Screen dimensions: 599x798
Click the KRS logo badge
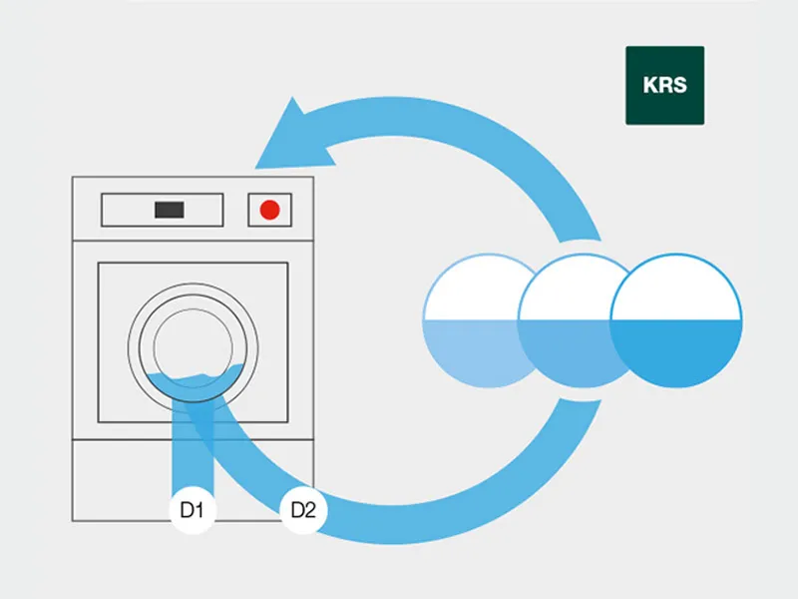[664, 85]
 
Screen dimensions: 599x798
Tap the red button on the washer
[268, 210]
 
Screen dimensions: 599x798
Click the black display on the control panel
[169, 210]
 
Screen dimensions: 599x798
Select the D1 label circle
[193, 512]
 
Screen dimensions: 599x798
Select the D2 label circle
[303, 512]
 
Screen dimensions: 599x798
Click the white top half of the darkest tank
[677, 290]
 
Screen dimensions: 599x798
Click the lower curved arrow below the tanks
[479, 489]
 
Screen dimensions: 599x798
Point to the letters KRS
[664, 85]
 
